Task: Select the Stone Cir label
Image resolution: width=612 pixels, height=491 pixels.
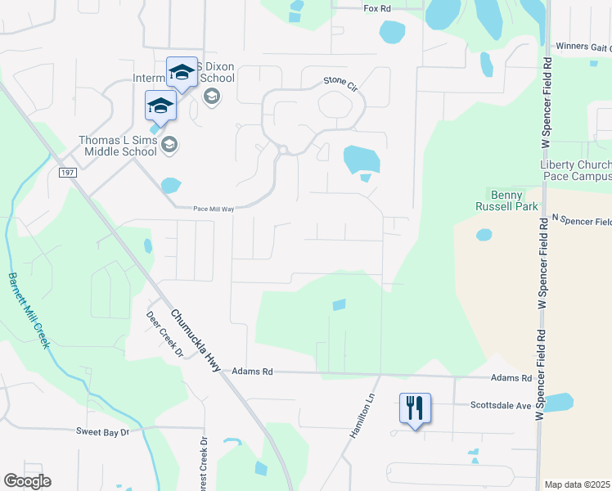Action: pyautogui.click(x=340, y=81)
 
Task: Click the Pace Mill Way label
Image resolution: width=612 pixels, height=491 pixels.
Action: pyautogui.click(x=214, y=209)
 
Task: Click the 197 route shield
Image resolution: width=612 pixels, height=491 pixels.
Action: pyautogui.click(x=67, y=171)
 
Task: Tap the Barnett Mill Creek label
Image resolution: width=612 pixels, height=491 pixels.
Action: pyautogui.click(x=29, y=310)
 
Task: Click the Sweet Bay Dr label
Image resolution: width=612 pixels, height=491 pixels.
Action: pyautogui.click(x=103, y=431)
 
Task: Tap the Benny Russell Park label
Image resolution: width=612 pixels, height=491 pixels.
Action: pyautogui.click(x=513, y=200)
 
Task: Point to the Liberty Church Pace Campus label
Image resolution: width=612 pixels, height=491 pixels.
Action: pyautogui.click(x=575, y=170)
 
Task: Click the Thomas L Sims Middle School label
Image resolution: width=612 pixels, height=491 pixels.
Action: pyautogui.click(x=118, y=146)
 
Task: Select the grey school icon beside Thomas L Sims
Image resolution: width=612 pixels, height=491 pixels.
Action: pyautogui.click(x=169, y=146)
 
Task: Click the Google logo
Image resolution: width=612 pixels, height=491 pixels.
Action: pyautogui.click(x=27, y=481)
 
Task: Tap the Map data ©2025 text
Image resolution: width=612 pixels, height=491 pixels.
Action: pyautogui.click(x=578, y=484)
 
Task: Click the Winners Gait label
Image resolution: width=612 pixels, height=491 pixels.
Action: pyautogui.click(x=582, y=47)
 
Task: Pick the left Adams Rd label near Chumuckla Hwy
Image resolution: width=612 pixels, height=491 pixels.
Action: pyautogui.click(x=252, y=372)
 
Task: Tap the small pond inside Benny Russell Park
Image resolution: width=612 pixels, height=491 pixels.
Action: pyautogui.click(x=484, y=235)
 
